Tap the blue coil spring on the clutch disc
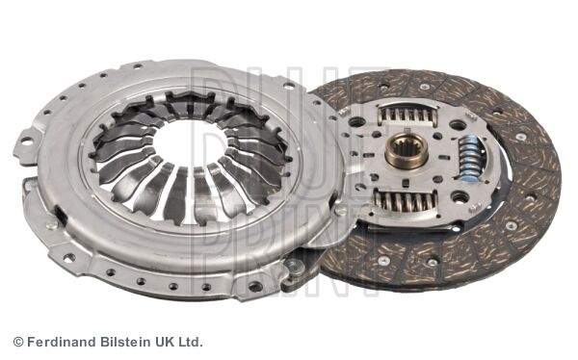pos(469,159)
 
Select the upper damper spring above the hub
pos(408,115)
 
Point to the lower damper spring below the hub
pos(406,201)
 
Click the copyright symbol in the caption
pos(18,342)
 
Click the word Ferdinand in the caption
pos(62,342)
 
